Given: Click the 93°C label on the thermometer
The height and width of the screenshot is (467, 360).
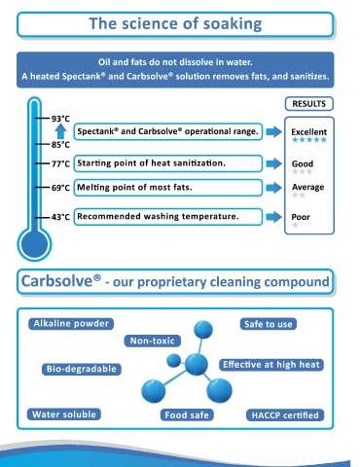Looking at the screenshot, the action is tap(60, 119).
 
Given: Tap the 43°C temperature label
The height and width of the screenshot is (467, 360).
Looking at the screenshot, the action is tap(60, 217).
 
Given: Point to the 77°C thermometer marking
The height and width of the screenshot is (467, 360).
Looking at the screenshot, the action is tap(60, 163).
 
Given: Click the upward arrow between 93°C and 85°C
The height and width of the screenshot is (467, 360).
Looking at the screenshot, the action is tap(60, 131).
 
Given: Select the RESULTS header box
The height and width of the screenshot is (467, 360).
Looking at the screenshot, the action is tap(309, 104).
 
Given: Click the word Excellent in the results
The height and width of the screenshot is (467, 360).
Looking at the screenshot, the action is tap(309, 132).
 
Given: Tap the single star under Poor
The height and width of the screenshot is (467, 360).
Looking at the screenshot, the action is tap(295, 225).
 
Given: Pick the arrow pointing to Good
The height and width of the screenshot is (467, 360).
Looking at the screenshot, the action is tap(274, 163).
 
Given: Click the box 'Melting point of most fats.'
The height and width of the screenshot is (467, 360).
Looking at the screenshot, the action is tap(168, 188).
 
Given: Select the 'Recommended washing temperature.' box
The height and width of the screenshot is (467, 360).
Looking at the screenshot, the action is tap(168, 217).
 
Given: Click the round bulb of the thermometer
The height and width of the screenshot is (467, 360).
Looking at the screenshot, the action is tap(34, 244).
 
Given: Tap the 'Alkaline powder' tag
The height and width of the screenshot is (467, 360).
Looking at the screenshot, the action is tap(71, 324).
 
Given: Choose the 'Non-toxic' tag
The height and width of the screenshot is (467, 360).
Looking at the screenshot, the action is tap(153, 341).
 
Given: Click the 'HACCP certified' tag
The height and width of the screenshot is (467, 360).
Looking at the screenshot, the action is tap(285, 415).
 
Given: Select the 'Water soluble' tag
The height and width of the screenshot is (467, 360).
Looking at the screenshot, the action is tap(64, 414).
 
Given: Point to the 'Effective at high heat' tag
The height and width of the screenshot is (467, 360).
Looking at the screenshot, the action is tap(271, 365).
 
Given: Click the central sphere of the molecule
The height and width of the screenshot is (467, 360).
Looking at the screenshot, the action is tap(197, 364).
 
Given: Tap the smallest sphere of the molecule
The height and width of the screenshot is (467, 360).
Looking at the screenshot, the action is tap(174, 360).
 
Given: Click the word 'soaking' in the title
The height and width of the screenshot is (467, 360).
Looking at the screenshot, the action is tap(233, 24).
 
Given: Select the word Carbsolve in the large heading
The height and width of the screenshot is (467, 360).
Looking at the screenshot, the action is tap(57, 281).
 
